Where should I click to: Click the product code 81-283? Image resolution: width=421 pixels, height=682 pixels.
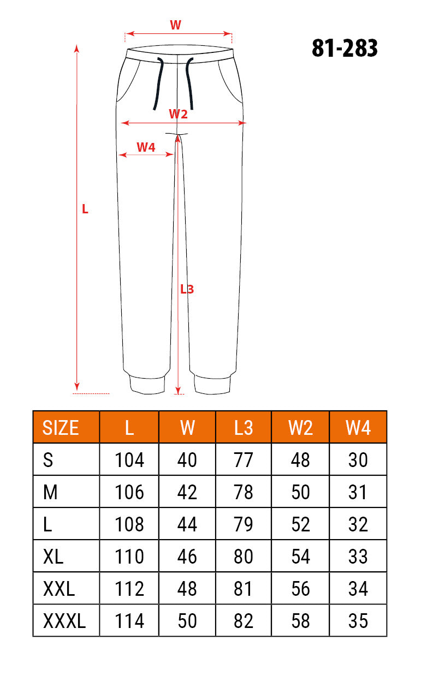click(345, 48)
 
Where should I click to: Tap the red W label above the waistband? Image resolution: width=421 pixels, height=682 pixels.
click(176, 25)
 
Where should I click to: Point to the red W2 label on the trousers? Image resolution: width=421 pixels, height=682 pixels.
click(178, 114)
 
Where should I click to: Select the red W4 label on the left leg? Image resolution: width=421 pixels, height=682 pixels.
click(146, 147)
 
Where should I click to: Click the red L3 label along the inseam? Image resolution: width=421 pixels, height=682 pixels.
click(187, 289)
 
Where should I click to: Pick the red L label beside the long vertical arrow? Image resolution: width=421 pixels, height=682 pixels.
click(85, 209)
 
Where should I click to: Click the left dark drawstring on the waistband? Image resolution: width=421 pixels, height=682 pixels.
click(159, 83)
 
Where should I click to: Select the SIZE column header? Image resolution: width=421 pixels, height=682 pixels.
click(60, 427)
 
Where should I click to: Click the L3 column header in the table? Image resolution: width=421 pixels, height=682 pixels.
click(244, 427)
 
